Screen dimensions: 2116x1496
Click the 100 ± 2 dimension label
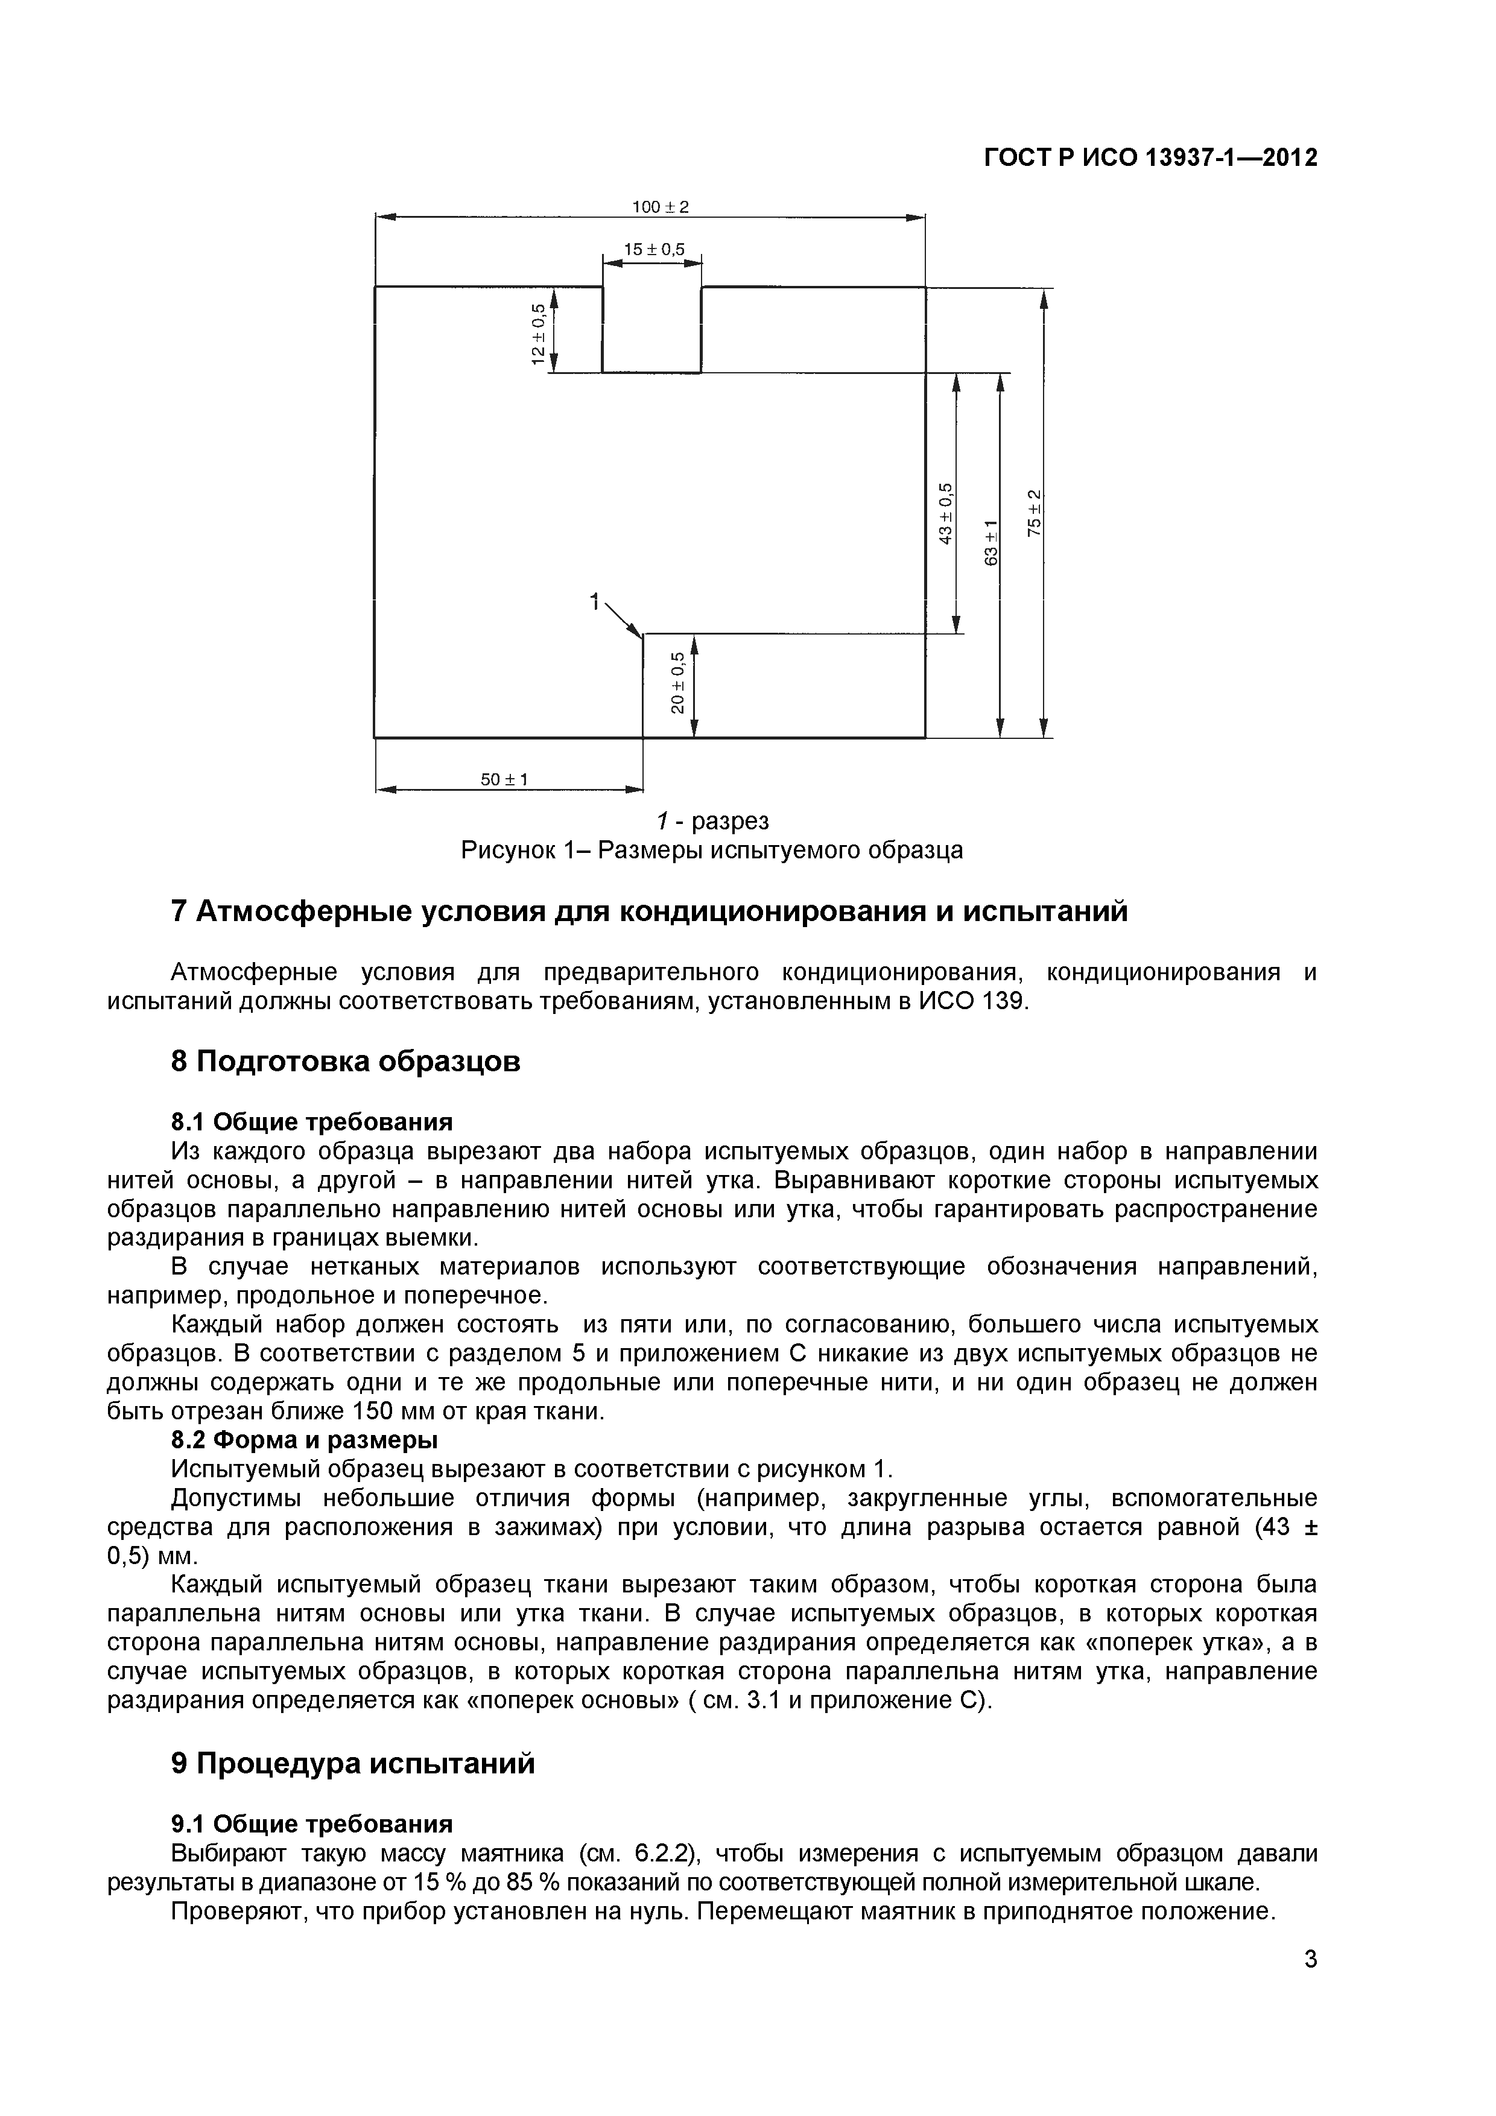coord(660,207)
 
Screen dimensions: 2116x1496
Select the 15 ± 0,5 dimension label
coord(653,250)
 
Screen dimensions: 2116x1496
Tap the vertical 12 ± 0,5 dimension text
coord(538,334)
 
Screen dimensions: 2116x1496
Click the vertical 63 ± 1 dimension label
coord(990,543)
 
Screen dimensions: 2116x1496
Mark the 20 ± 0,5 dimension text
coord(677,683)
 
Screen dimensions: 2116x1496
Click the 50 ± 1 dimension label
coord(504,780)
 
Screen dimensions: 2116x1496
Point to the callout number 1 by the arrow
coord(595,603)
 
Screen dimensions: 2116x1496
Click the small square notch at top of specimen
coord(651,329)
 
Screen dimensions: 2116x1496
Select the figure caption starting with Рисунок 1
coord(712,850)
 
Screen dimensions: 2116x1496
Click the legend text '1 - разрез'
coord(712,820)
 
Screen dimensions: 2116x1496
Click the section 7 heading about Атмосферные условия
coord(650,911)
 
